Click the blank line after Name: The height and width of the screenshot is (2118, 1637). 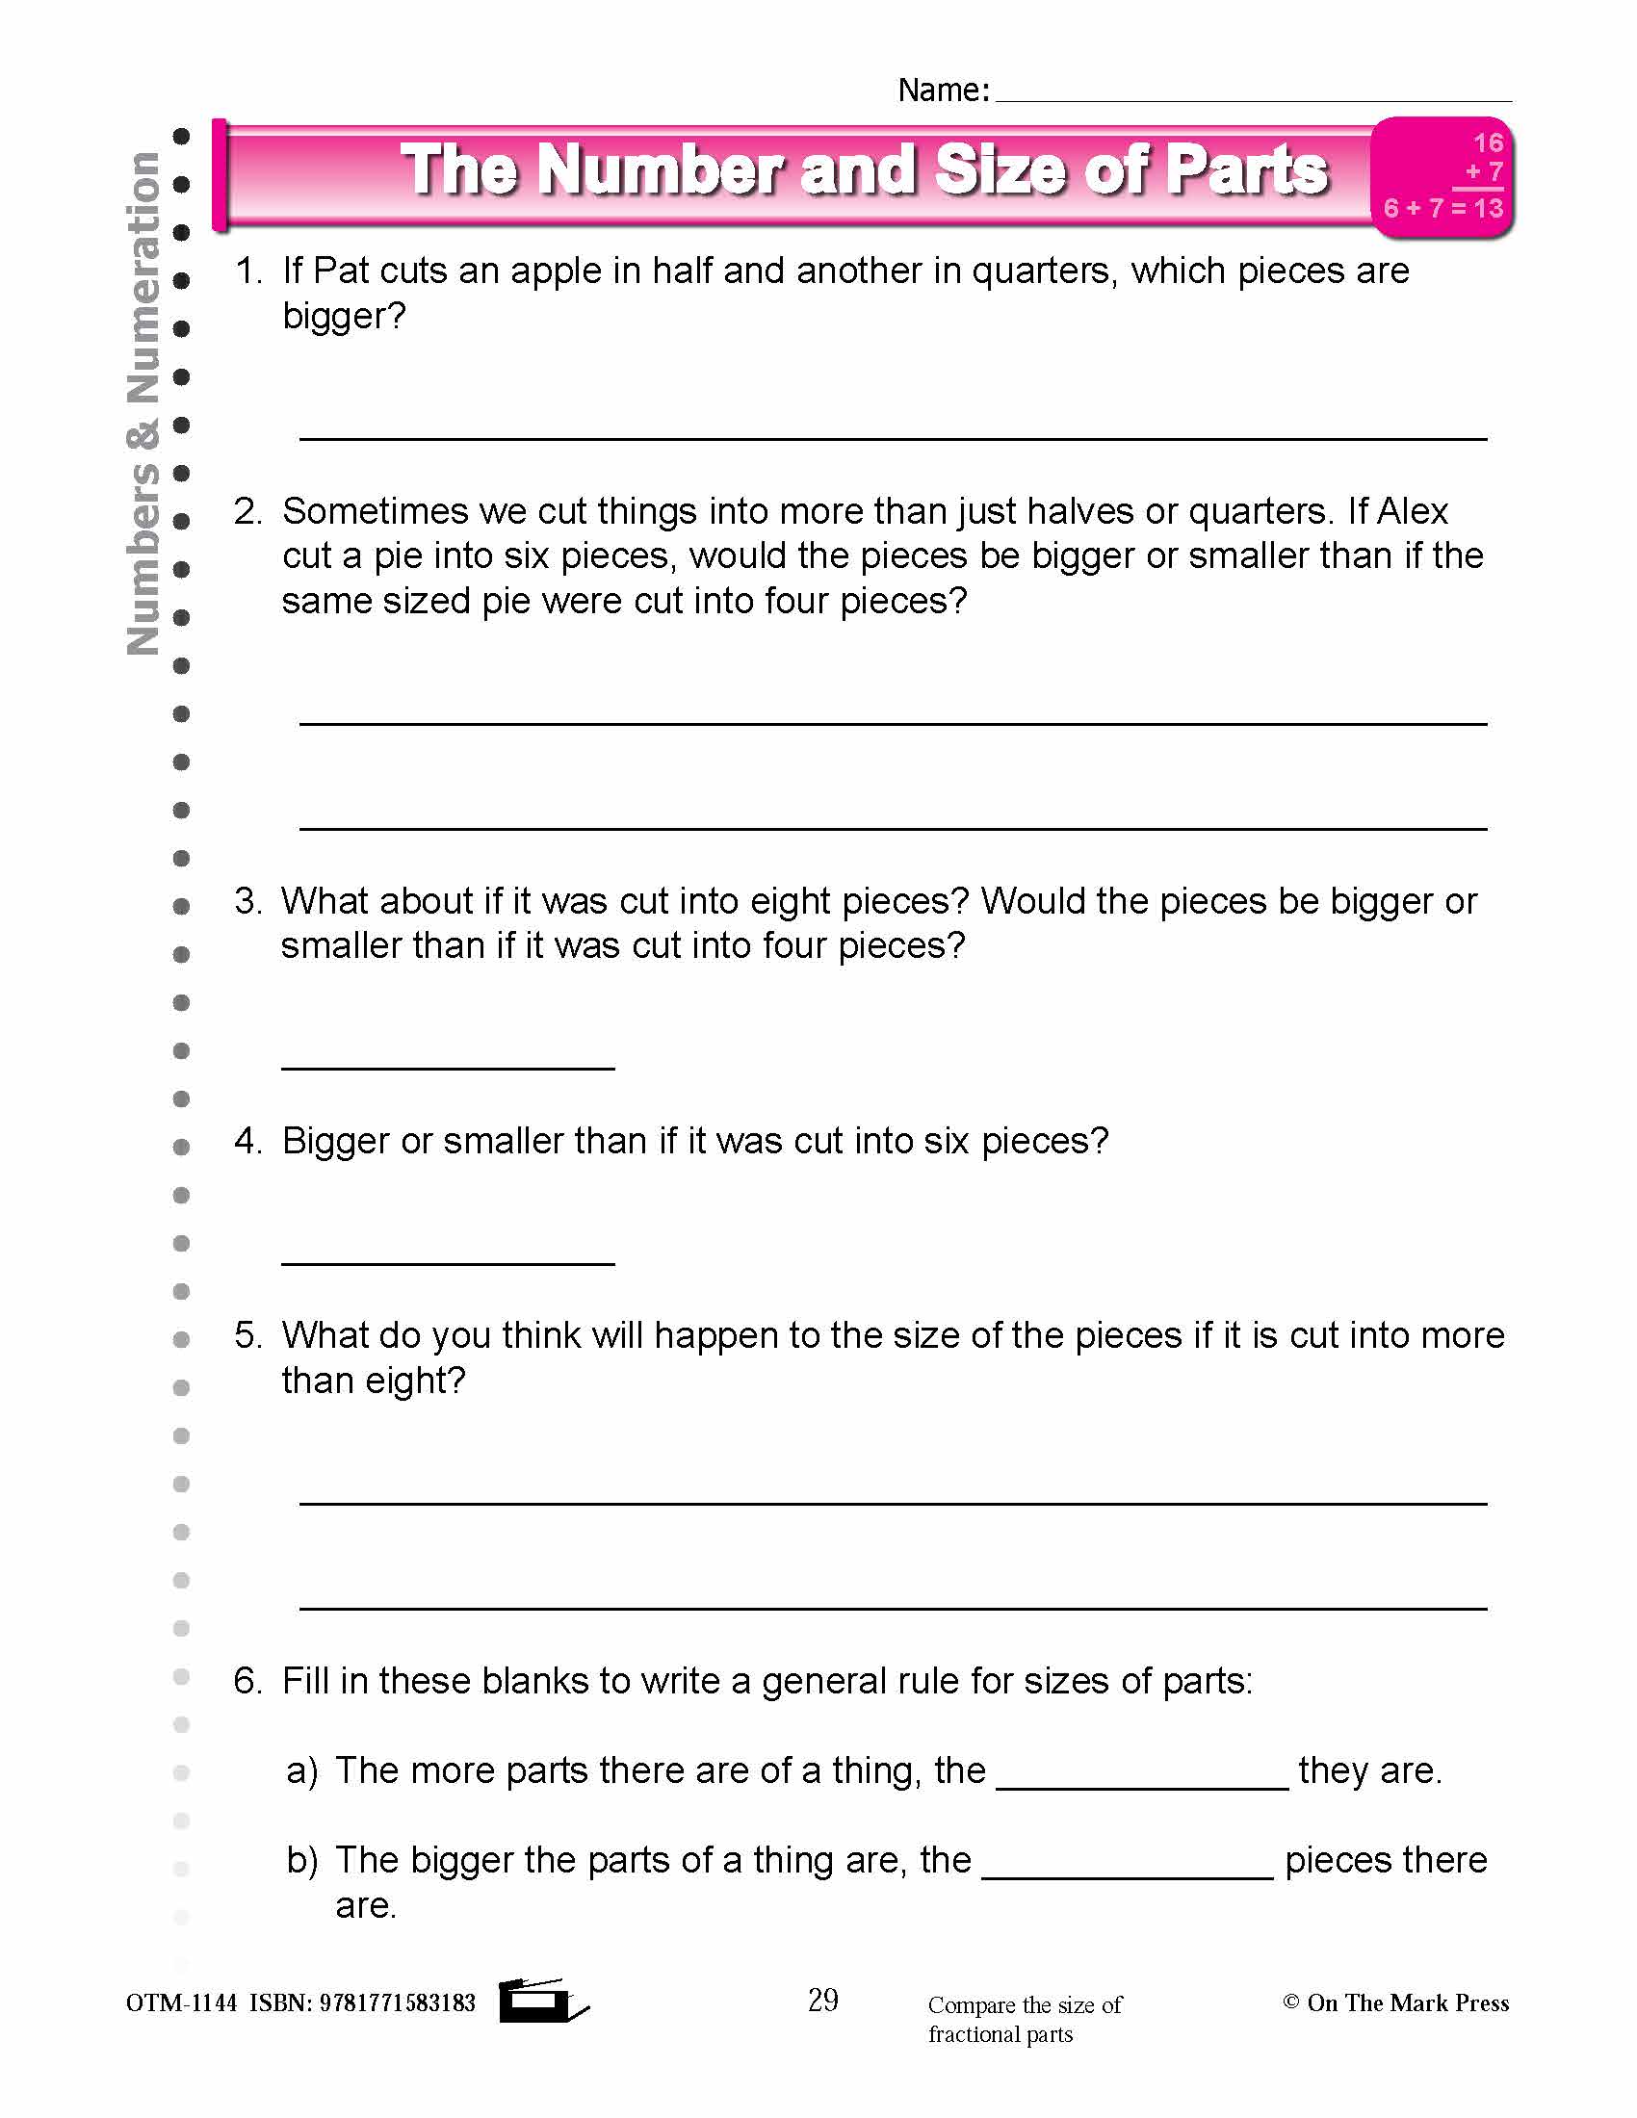1253,97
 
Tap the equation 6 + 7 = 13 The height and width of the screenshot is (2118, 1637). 1443,209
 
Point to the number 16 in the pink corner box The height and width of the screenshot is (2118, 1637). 1488,143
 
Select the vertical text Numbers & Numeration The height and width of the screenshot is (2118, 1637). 143,402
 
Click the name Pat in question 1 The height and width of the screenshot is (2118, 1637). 342,271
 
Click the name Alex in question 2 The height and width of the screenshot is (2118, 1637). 1412,511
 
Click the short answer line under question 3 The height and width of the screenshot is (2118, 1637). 448,1067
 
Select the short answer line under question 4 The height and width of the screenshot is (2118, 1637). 448,1262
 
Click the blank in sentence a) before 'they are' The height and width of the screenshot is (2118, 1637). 1142,1785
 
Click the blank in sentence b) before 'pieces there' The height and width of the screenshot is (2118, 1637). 1127,1875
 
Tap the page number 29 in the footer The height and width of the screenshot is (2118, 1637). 822,2001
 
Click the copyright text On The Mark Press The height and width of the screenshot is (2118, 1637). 1406,2003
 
